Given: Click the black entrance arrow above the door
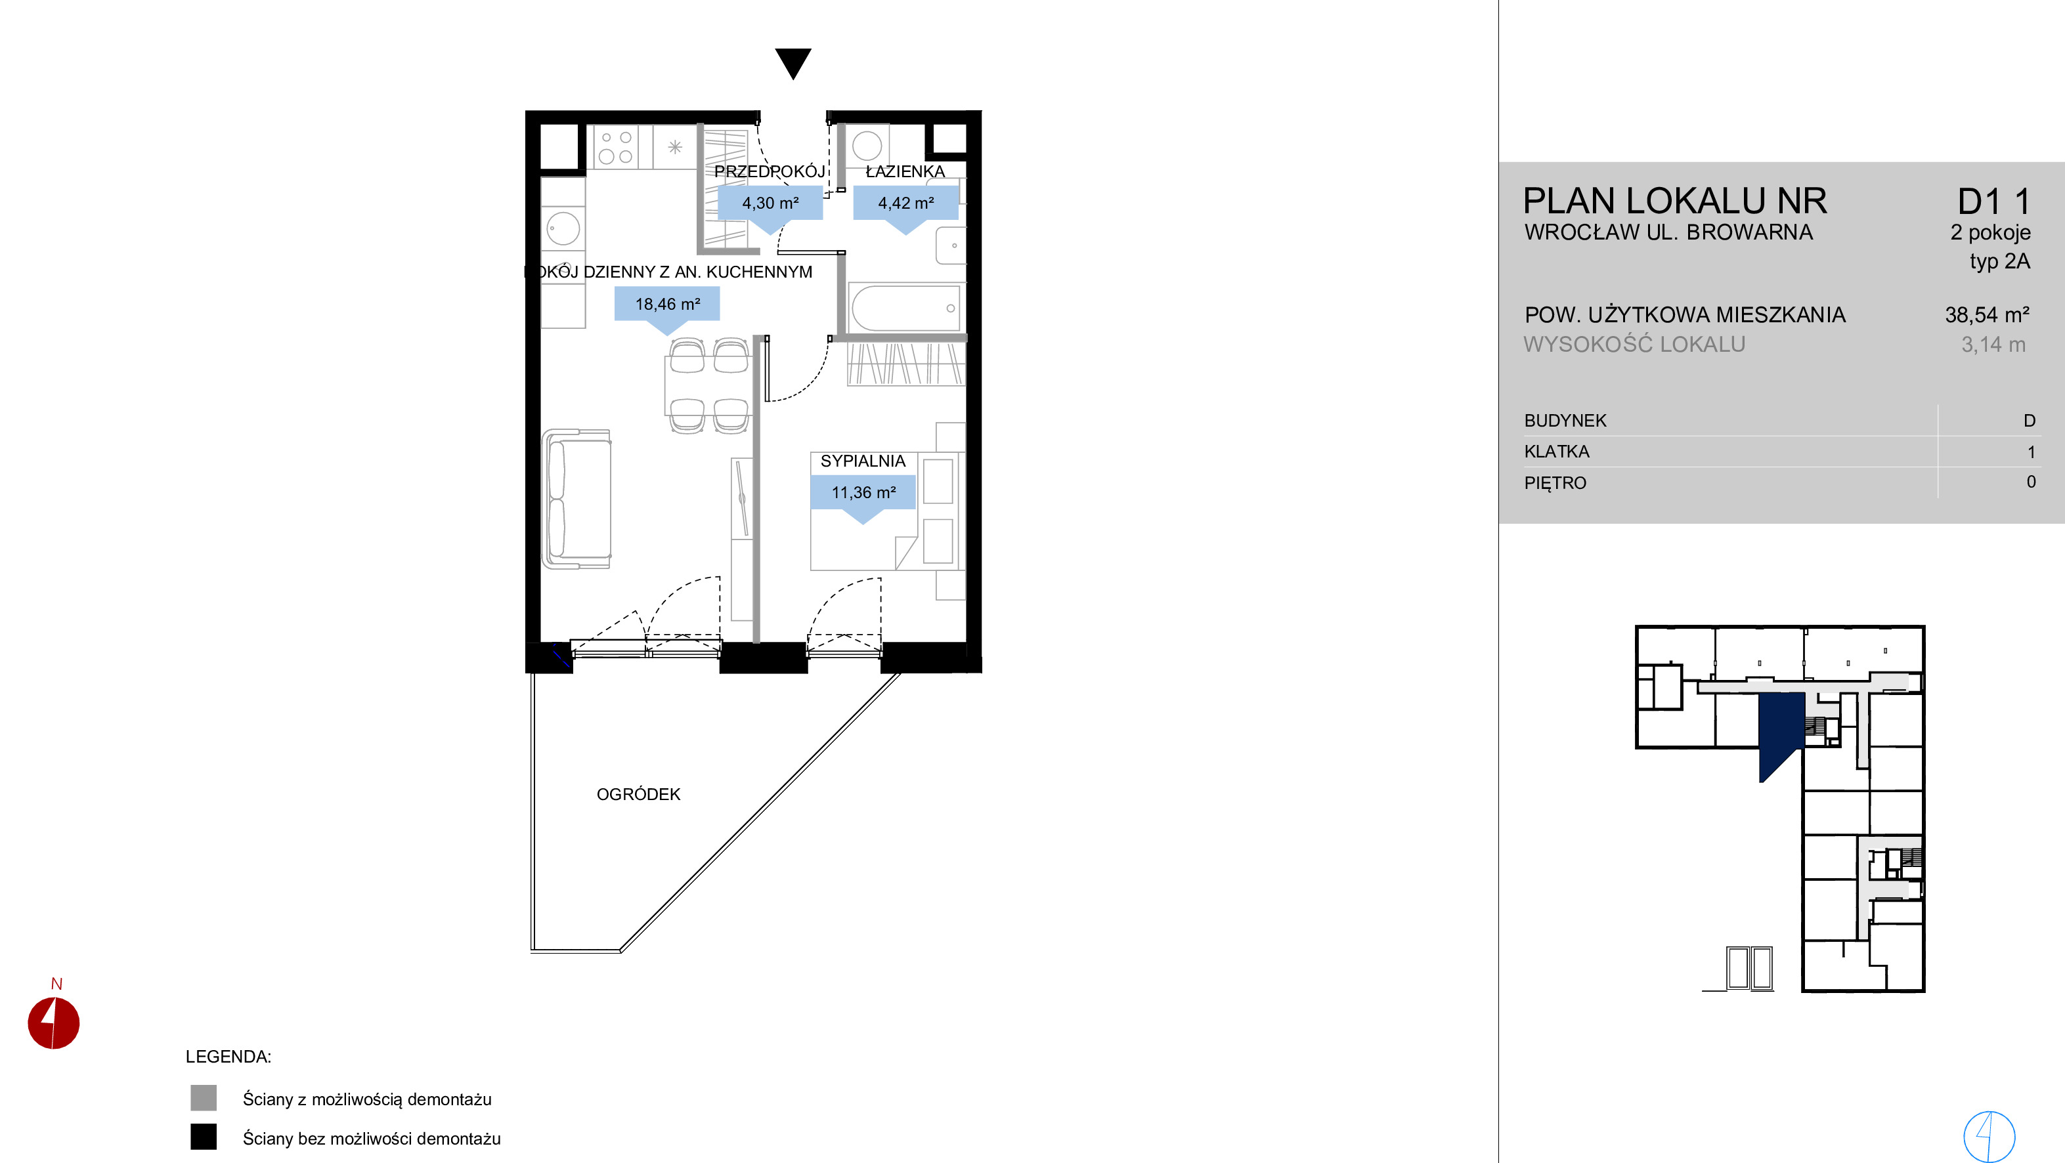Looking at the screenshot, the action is click(x=793, y=62).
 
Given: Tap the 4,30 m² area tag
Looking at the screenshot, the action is click(x=770, y=207).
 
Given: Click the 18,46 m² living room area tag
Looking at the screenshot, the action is click(x=667, y=308).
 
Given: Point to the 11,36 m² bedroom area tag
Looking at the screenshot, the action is click(x=863, y=496).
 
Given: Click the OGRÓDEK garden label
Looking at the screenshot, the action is click(x=638, y=794).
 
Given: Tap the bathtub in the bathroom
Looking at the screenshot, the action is click(x=905, y=308).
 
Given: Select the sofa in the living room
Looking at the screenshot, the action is click(x=576, y=499).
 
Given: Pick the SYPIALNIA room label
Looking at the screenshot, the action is click(x=863, y=461).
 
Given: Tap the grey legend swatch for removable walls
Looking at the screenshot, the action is click(x=204, y=1098).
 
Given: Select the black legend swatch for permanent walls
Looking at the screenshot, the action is click(x=204, y=1137).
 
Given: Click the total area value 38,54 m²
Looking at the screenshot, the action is click(x=1986, y=315).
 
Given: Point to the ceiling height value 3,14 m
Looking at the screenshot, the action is click(x=1993, y=345).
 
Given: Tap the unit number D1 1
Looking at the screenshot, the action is click(x=1993, y=201).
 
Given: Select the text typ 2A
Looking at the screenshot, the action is click(x=1999, y=261).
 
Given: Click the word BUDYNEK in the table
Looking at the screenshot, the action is click(x=1565, y=421).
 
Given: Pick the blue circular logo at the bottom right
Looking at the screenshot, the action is click(x=1989, y=1135).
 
